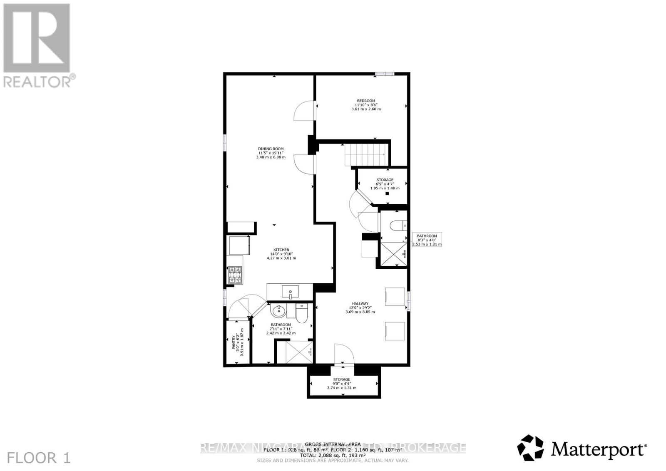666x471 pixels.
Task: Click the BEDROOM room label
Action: tap(365, 101)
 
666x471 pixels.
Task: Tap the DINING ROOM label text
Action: tap(271, 149)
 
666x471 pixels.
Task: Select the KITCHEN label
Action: tap(281, 250)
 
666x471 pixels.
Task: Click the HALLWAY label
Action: tap(360, 304)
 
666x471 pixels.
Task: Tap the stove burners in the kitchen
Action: tap(235, 275)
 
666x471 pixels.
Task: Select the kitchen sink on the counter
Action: tap(290, 292)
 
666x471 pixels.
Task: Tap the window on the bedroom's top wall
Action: tap(384, 74)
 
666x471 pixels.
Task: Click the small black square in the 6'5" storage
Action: tap(387, 193)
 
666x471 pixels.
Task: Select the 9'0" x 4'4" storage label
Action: tap(341, 379)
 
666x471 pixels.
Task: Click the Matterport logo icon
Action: tap(530, 448)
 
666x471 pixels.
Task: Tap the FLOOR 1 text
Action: tap(39, 458)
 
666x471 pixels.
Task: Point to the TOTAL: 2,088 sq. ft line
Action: tap(333, 455)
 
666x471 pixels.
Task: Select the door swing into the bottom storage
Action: tap(343, 355)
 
